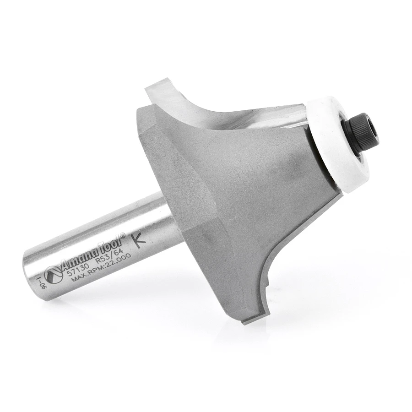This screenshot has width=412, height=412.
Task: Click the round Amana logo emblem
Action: coord(54,275)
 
